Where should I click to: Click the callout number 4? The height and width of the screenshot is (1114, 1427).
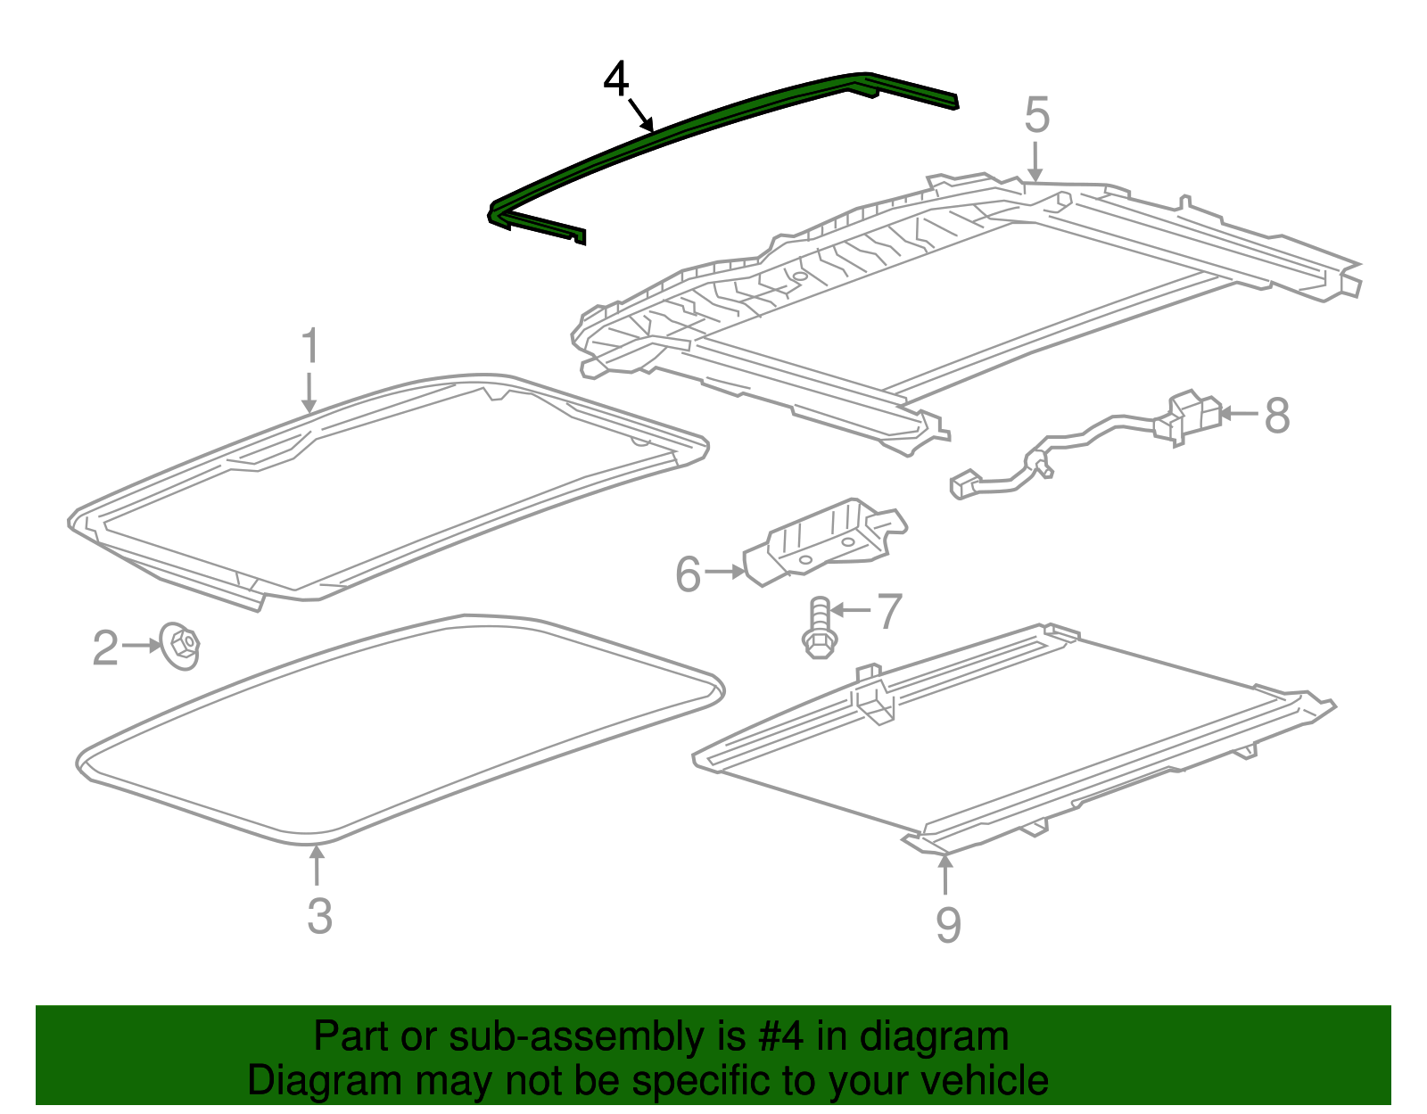click(616, 80)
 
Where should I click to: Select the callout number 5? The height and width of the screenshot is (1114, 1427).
click(1036, 116)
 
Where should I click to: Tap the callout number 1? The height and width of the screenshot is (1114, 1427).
click(309, 347)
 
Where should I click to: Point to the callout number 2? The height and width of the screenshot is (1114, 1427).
click(105, 648)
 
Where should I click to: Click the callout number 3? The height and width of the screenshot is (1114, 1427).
click(319, 916)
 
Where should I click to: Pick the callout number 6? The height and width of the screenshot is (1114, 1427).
click(688, 575)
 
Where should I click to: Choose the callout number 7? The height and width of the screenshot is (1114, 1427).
click(889, 612)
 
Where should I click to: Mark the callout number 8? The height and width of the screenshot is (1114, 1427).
click(1277, 417)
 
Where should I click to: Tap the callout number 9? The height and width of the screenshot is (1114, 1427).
click(948, 925)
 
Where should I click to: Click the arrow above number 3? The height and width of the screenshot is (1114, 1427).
click(317, 865)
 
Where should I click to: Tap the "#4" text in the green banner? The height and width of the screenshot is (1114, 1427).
click(780, 1037)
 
